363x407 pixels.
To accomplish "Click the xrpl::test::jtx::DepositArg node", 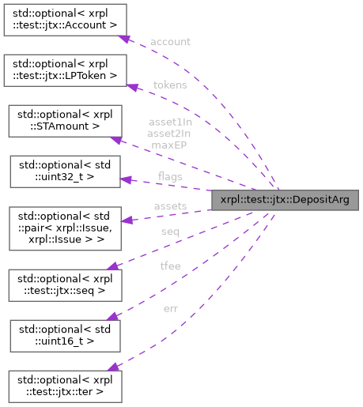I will pyautogui.click(x=285, y=200).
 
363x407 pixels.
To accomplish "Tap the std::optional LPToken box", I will pyautogui.click(x=63, y=70).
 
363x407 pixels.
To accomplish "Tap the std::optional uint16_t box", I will pyautogui.click(x=63, y=334).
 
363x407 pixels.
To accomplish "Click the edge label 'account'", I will pyautogui.click(x=169, y=42).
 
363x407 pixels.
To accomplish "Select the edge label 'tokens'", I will pyautogui.click(x=169, y=85).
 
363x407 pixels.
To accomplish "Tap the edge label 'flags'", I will pyautogui.click(x=172, y=175).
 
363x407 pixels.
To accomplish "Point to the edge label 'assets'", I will pyautogui.click(x=170, y=206).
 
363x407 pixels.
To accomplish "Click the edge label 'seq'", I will pyautogui.click(x=169, y=231).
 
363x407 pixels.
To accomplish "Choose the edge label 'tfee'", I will pyautogui.click(x=169, y=266).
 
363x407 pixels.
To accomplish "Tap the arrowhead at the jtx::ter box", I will pyautogui.click(x=112, y=366).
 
